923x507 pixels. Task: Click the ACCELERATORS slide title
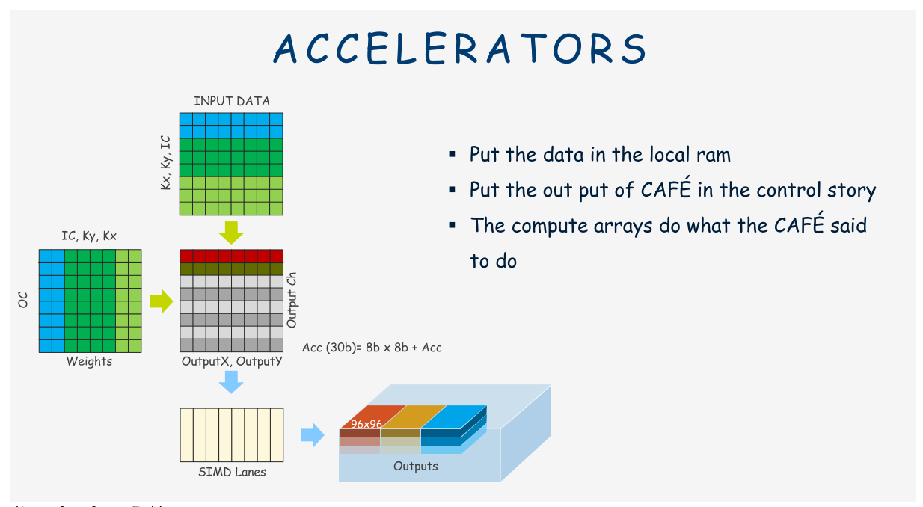coord(460,49)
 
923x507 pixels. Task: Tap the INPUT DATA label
coord(232,101)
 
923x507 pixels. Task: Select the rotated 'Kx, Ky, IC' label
coord(166,162)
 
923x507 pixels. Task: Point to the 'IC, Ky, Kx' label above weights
coord(89,236)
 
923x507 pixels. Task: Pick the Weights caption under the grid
coord(89,362)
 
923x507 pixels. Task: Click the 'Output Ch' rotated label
coord(292,299)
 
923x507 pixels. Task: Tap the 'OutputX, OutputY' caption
coord(232,361)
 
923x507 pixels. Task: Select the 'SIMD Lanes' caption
coord(232,472)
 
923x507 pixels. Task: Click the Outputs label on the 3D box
coord(416,467)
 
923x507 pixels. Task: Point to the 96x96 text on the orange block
coord(367,424)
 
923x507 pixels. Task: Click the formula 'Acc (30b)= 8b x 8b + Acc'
coord(372,348)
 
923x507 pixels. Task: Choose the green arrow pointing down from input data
coord(232,232)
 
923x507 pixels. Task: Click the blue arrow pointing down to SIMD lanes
coord(232,383)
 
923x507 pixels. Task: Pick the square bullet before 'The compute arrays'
coord(452,224)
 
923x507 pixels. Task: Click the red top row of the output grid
coord(232,255)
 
